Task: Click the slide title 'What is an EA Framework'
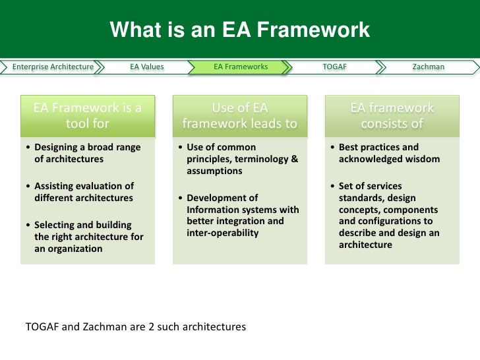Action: (x=240, y=30)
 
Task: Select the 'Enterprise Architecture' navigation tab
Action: (x=53, y=67)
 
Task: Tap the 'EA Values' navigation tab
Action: (x=146, y=67)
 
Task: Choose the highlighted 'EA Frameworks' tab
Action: (x=241, y=67)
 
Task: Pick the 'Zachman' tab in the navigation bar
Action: (x=428, y=67)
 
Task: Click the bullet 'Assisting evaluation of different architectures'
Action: (x=83, y=191)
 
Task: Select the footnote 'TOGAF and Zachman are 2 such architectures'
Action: (x=135, y=326)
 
